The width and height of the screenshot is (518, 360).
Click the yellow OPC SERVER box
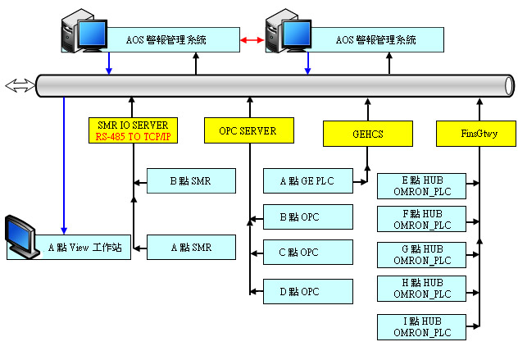pos(247,130)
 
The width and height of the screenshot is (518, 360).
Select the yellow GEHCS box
pos(354,133)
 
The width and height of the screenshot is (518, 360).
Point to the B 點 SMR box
pos(191,181)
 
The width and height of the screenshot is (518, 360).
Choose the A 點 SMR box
pos(191,247)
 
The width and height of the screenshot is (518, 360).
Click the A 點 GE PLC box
pos(307,180)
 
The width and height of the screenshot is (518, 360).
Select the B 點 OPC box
pos(307,217)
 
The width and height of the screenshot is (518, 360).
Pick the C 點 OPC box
pos(307,253)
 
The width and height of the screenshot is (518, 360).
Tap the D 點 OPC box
pos(307,291)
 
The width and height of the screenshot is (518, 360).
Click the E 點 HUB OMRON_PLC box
pos(421,185)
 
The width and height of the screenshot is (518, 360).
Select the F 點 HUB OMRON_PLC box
pos(421,219)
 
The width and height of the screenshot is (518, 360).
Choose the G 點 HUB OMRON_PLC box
pos(421,254)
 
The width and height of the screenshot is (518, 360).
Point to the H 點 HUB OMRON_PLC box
pos(421,288)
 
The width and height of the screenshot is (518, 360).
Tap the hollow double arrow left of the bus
pos(18,84)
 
